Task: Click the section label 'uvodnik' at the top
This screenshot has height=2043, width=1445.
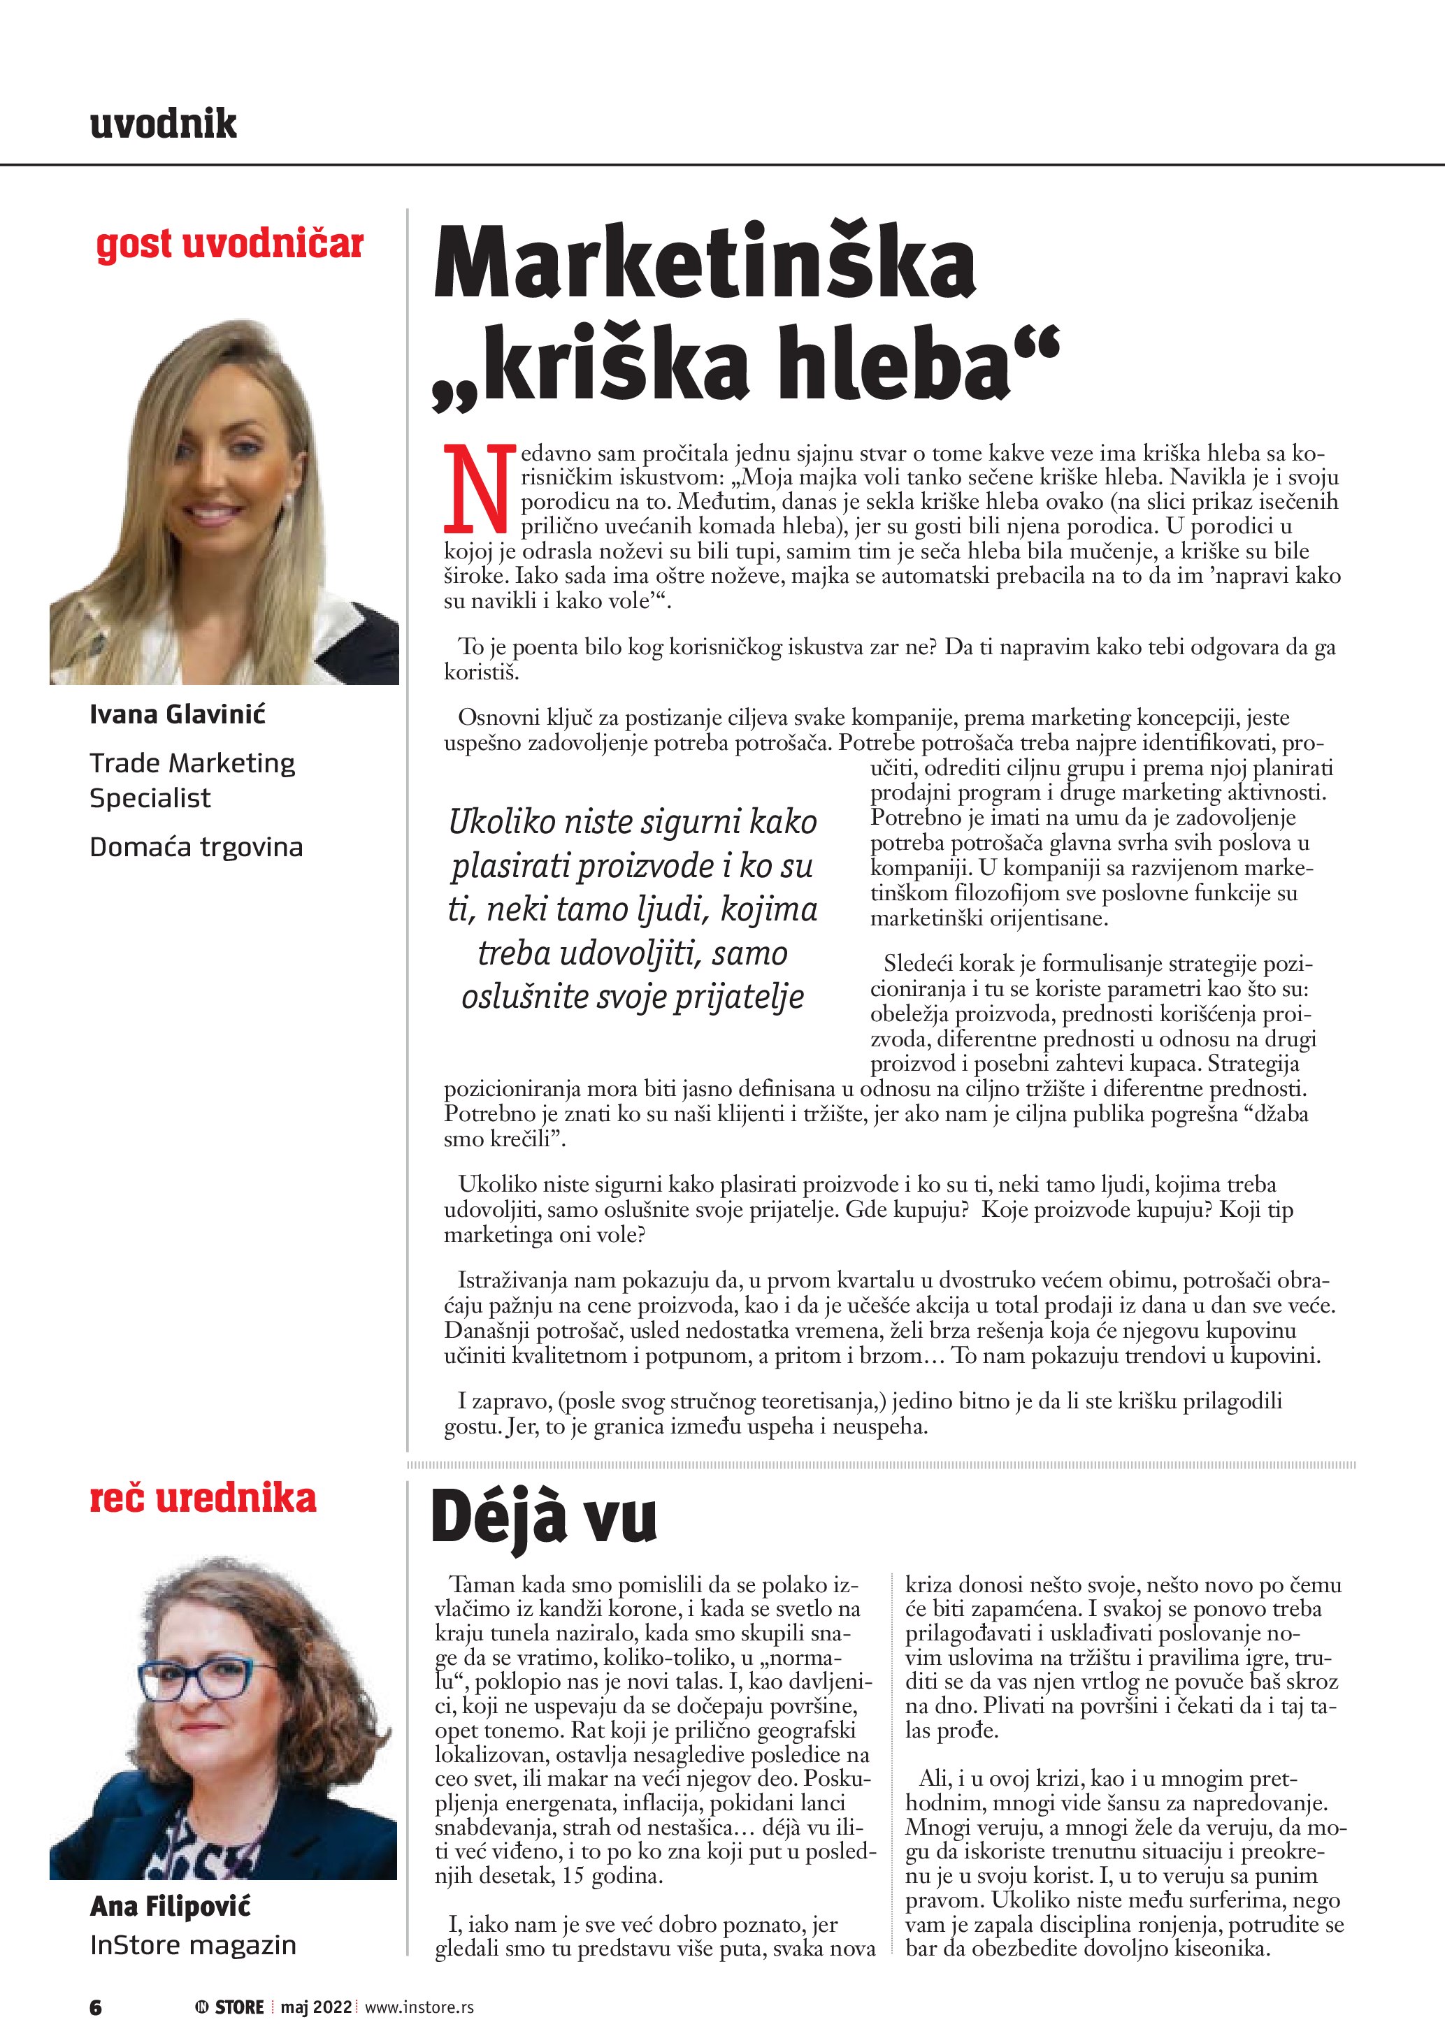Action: coord(163,123)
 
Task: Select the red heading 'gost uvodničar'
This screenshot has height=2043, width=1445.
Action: coord(229,244)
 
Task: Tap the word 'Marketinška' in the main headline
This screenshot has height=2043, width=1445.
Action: coord(705,264)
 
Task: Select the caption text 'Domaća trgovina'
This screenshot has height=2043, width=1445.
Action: coord(196,846)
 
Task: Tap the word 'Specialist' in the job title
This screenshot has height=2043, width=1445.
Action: coord(150,797)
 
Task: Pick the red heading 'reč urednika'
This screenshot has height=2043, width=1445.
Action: coord(203,1498)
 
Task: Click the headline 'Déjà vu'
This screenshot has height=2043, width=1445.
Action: coord(544,1518)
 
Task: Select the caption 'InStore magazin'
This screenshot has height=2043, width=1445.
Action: coord(192,1945)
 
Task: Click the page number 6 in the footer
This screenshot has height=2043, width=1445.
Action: coord(96,2007)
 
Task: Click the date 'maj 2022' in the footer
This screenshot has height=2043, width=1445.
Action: coord(317,2007)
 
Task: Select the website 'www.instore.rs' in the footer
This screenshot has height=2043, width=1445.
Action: coord(419,2007)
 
